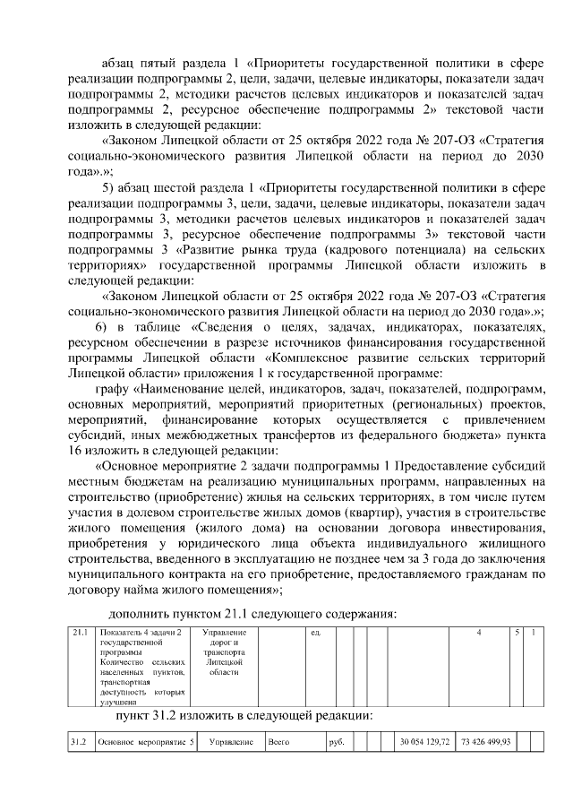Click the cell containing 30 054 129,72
point(425,743)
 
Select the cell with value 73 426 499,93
point(484,743)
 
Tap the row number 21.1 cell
point(81,634)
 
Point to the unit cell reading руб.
point(337,743)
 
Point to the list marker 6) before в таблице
point(100,327)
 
